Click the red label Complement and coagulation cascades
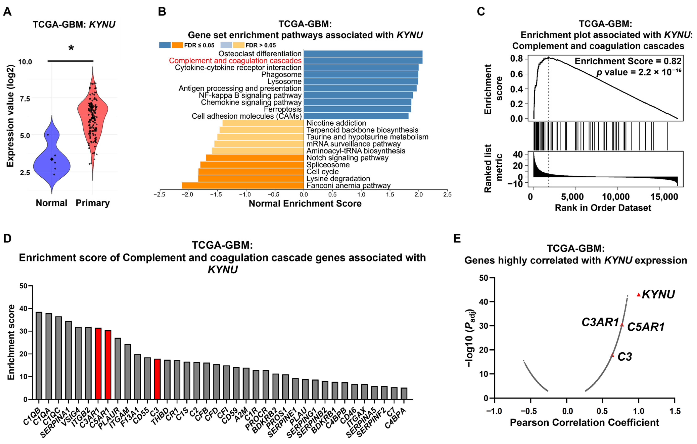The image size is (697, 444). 235,60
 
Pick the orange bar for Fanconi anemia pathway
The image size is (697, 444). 243,186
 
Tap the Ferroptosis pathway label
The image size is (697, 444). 283,109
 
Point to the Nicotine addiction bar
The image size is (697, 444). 263,123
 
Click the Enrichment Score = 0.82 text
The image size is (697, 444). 628,61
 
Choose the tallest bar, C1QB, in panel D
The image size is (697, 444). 39,355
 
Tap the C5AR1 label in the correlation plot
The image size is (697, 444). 645,327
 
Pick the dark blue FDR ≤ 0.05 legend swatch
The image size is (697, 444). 165,45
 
